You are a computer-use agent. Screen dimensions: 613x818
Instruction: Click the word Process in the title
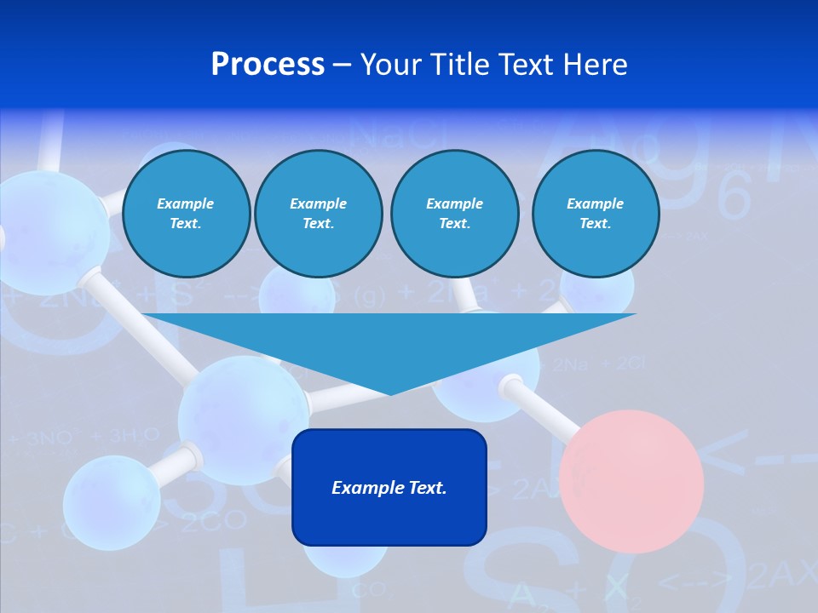coord(268,65)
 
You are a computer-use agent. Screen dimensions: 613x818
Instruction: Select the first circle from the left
coord(187,214)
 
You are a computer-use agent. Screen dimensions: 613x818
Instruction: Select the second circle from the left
coord(319,214)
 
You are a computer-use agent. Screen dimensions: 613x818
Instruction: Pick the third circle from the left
coord(454,214)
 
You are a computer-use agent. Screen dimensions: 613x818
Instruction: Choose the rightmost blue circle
coord(596,214)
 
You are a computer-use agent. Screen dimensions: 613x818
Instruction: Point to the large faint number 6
coord(734,198)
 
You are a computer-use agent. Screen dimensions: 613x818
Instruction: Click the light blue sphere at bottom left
coord(111,502)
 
